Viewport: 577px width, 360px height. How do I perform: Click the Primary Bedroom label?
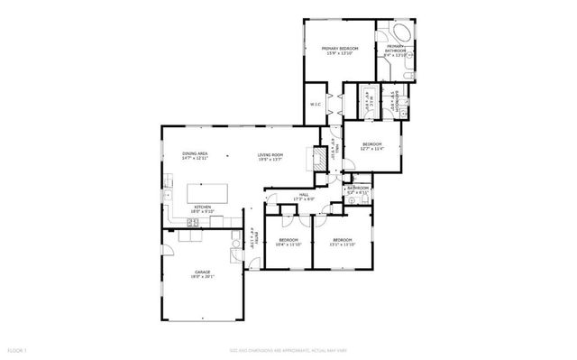tap(342, 49)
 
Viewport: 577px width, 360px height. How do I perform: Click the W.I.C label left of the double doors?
tap(316, 103)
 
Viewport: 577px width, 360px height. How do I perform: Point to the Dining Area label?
tap(196, 156)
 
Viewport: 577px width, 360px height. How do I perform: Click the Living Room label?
tap(270, 156)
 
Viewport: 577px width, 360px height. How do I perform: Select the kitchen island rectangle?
tap(206, 192)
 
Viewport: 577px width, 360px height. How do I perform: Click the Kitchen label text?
tap(202, 209)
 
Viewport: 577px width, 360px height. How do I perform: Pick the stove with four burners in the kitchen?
tap(191, 221)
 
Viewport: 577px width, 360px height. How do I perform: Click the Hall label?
tap(304, 196)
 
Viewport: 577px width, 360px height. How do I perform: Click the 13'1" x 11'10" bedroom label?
tap(343, 242)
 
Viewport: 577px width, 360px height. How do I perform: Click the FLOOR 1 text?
tap(17, 349)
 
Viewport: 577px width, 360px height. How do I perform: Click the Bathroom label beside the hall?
tap(358, 189)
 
